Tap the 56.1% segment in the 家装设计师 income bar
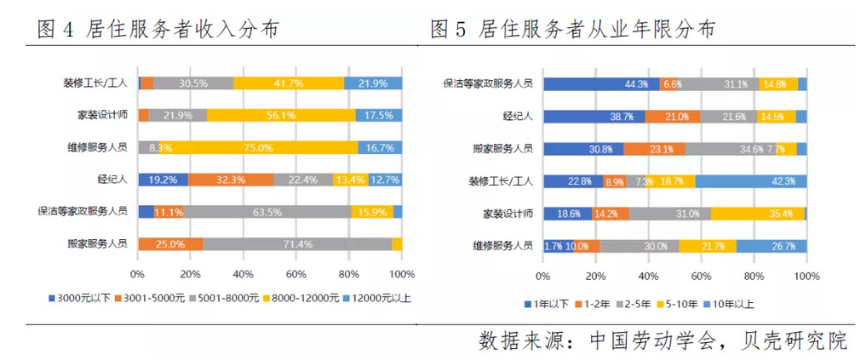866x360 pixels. click(x=281, y=115)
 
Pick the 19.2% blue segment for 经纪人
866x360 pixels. click(x=163, y=180)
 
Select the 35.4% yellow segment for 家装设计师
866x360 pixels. click(x=758, y=214)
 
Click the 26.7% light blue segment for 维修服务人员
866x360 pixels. click(x=771, y=246)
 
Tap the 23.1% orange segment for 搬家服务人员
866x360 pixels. click(x=654, y=148)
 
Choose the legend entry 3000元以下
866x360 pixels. click(x=82, y=298)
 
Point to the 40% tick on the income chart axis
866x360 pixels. click(x=243, y=275)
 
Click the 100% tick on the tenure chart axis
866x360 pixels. click(x=806, y=277)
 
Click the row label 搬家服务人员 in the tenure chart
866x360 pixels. click(x=504, y=148)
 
